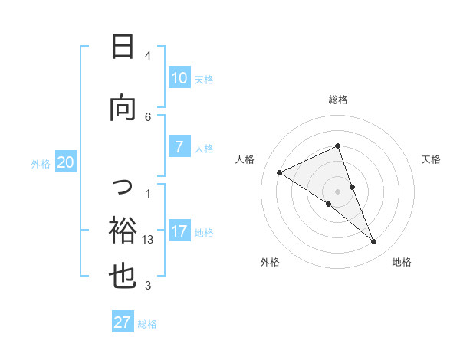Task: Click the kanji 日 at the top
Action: click(122, 47)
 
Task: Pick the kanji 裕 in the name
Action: click(122, 229)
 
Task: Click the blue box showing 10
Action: click(179, 77)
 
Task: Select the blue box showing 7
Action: click(179, 147)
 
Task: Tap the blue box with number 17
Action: click(179, 231)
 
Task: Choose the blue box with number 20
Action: click(65, 162)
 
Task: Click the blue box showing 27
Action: click(123, 322)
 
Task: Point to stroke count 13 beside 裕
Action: click(149, 240)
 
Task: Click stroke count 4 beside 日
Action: click(148, 55)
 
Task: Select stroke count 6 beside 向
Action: click(148, 116)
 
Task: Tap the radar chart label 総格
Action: click(337, 100)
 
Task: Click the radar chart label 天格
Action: click(431, 159)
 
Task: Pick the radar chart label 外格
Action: click(270, 262)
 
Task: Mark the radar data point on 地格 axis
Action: click(374, 242)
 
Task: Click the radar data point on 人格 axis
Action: click(279, 172)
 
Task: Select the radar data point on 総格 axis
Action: click(337, 146)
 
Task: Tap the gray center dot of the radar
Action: click(337, 191)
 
